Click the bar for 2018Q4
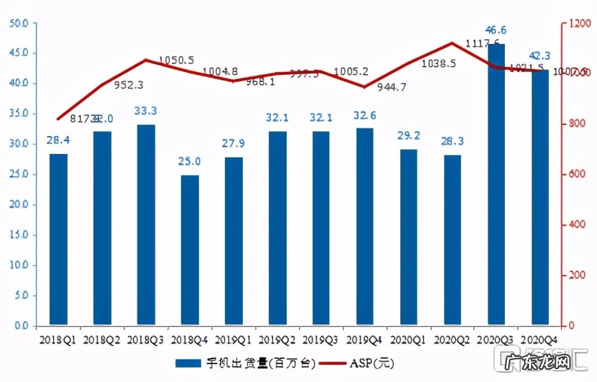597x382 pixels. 190,250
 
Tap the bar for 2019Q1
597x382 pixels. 234,241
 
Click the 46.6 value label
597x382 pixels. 496,30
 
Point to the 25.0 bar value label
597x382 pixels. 190,161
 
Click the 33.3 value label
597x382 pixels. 146,111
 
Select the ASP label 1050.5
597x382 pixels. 176,60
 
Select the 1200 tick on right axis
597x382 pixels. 576,23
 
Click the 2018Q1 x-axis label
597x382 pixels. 58,339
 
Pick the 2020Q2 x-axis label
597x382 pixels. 452,339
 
